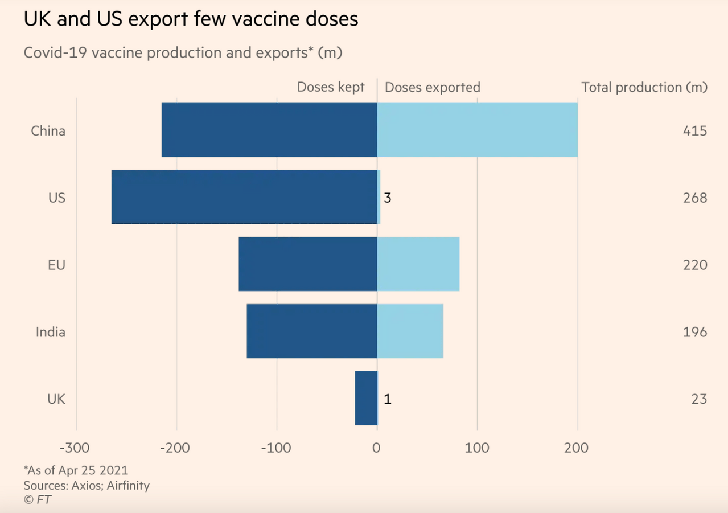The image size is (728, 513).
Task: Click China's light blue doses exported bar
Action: point(478,130)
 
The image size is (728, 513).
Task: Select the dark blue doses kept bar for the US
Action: point(244,197)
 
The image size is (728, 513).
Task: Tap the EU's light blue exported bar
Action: point(418,264)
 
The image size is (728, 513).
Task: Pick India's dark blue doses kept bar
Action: point(312,331)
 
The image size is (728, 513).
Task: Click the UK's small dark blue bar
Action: point(366,398)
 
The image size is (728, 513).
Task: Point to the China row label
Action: point(48,131)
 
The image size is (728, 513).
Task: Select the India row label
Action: point(51,332)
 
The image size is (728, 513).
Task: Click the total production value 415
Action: point(695,131)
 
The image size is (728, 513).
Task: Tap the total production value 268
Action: point(695,198)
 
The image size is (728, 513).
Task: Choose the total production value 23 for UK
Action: point(699,399)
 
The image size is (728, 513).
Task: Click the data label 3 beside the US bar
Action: point(388,198)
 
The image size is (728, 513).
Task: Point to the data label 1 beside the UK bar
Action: point(388,399)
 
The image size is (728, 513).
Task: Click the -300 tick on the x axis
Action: point(75,448)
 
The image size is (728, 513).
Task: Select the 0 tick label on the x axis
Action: point(376,448)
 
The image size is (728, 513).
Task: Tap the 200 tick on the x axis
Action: point(576,448)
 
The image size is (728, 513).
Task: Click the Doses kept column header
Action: point(331,87)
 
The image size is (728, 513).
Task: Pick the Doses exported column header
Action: point(433,88)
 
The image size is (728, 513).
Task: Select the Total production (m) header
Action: point(644,88)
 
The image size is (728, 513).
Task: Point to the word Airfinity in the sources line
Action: point(128,485)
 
